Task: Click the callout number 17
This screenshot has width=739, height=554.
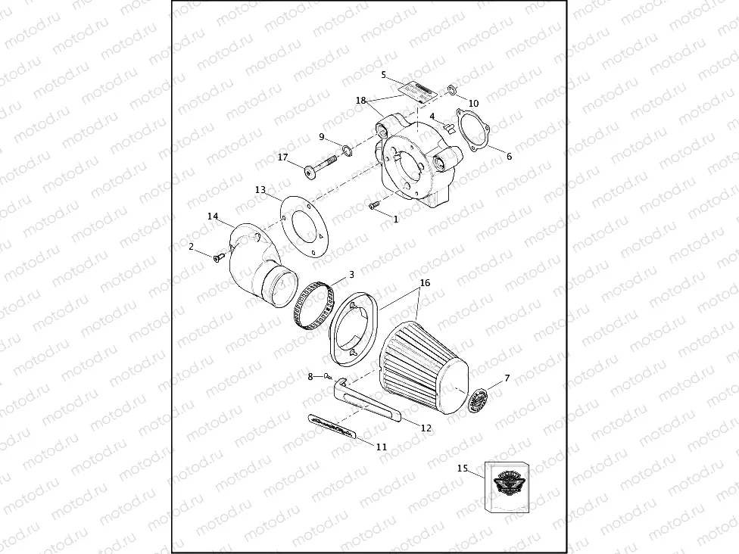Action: (282, 157)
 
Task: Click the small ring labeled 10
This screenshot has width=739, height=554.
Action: (452, 91)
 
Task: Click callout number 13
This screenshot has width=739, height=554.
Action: (260, 190)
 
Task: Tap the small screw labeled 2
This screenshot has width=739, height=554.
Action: (218, 258)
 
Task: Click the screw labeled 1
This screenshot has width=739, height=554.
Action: (373, 207)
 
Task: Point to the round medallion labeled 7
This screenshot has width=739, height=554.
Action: (479, 400)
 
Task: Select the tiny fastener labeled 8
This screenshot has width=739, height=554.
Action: (326, 376)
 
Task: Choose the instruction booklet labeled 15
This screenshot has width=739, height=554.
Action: (508, 486)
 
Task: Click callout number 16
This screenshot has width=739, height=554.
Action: (425, 282)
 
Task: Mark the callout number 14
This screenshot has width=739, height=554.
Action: (214, 216)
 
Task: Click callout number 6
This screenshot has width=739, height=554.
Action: (509, 157)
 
